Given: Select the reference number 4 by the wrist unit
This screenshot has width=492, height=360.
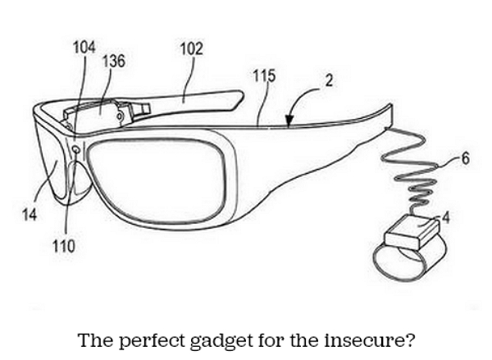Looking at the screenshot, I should pos(447,219).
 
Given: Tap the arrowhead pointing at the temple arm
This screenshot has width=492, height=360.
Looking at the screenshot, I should pos(289,123).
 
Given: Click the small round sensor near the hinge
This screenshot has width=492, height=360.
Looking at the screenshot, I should pos(75,148).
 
